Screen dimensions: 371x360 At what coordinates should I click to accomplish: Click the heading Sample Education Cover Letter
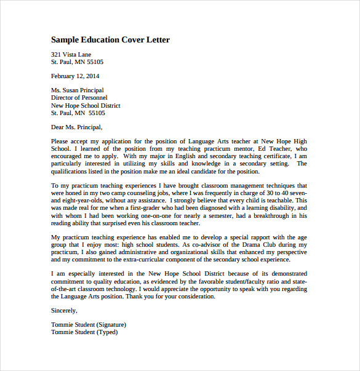tap(110, 40)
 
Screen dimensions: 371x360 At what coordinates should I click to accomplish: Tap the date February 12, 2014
tap(75, 76)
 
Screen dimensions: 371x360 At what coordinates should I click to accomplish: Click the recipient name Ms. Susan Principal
tap(77, 90)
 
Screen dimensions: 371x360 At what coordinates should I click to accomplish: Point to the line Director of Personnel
tap(79, 98)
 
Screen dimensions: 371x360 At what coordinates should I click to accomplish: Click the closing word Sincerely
tap(65, 311)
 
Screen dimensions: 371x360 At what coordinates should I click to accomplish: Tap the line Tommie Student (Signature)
tap(89, 325)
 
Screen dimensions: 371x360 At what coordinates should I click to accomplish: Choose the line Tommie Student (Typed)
tap(84, 332)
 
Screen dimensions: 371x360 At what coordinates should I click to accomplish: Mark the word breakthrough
tap(262, 215)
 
